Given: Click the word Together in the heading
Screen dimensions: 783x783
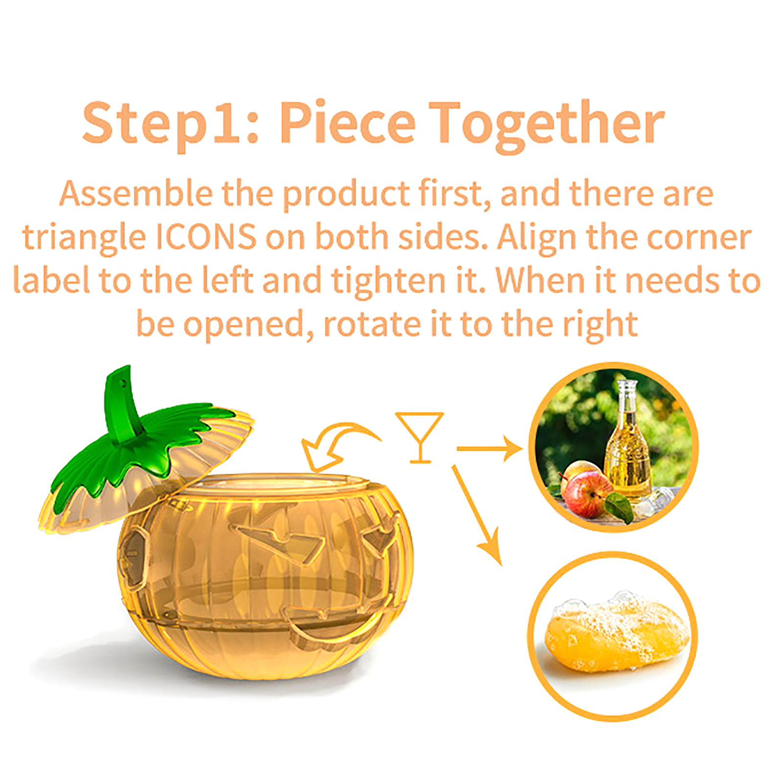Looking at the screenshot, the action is tap(547, 125).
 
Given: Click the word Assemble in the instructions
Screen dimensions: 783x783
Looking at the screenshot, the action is tap(136, 193).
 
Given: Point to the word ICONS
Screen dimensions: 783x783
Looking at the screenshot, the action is tap(206, 237).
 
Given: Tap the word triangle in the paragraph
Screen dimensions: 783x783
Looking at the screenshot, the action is tap(84, 239).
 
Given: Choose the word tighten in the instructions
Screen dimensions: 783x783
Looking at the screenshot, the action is tap(388, 281).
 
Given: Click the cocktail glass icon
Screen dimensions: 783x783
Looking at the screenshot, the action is tap(419, 438).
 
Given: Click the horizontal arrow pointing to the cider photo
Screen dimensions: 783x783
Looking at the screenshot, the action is tap(489, 448).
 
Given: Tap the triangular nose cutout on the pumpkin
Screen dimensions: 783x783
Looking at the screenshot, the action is tap(281, 538).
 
